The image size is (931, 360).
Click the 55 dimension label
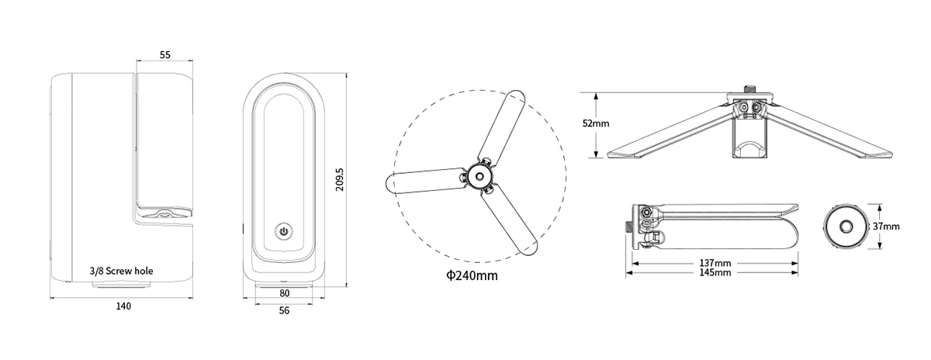click(x=165, y=54)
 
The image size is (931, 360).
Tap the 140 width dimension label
click(x=123, y=306)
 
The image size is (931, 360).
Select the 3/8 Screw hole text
click(x=121, y=271)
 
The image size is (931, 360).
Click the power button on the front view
click(x=284, y=231)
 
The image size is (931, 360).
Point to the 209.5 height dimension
click(x=340, y=179)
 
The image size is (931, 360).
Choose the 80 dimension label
click(x=284, y=293)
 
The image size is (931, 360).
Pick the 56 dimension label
click(x=284, y=310)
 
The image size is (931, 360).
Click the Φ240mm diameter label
click(x=472, y=275)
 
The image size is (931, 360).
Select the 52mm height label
click(x=596, y=123)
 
